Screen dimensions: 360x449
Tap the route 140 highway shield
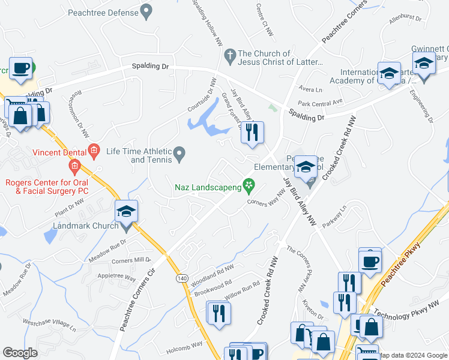(x=181, y=278)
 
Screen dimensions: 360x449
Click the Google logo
(x=20, y=352)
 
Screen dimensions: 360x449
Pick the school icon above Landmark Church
(x=127, y=211)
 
